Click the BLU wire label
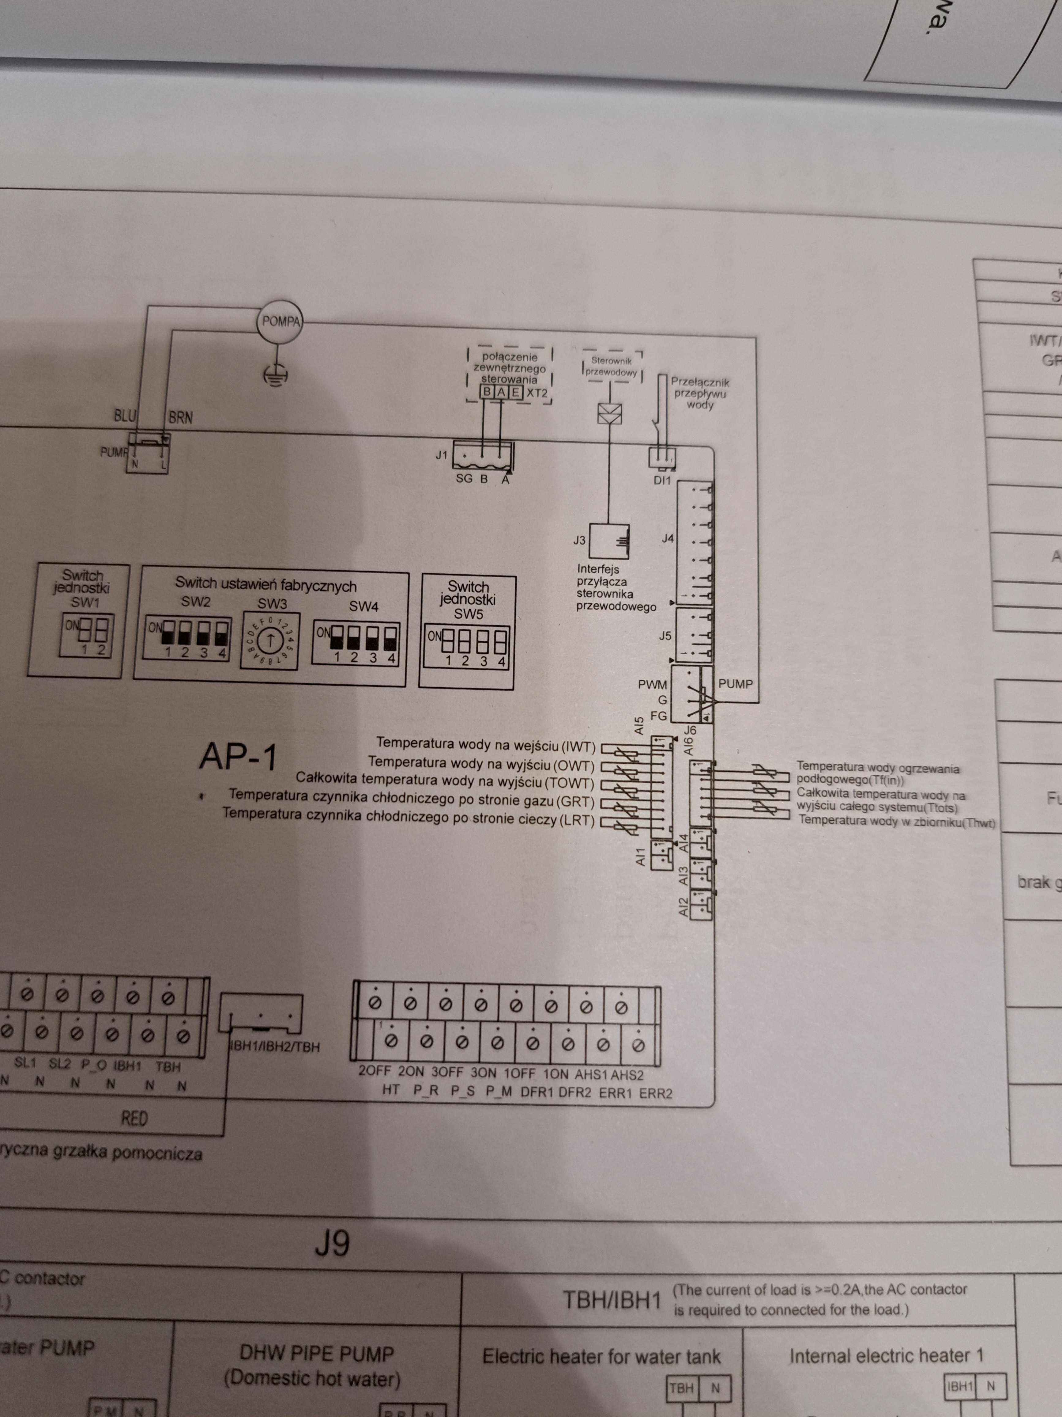pos(125,416)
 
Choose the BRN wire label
pos(180,418)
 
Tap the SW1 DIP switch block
pos(86,635)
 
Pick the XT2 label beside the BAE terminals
pos(537,393)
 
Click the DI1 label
pos(662,481)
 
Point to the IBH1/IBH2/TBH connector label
pos(274,1047)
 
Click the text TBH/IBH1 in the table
pos(611,1300)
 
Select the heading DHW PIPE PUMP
pos(316,1354)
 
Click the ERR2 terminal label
pos(656,1093)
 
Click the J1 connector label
pos(441,455)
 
